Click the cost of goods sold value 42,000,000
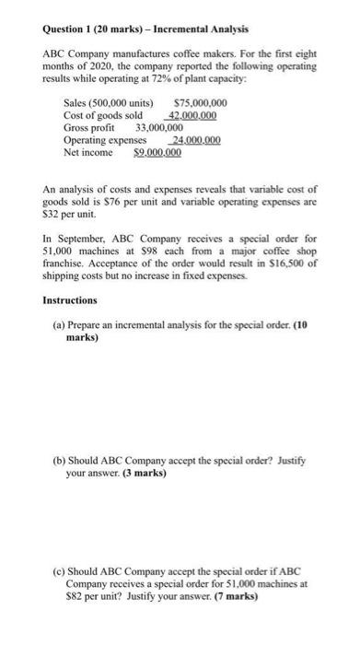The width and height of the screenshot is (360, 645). click(x=193, y=114)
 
